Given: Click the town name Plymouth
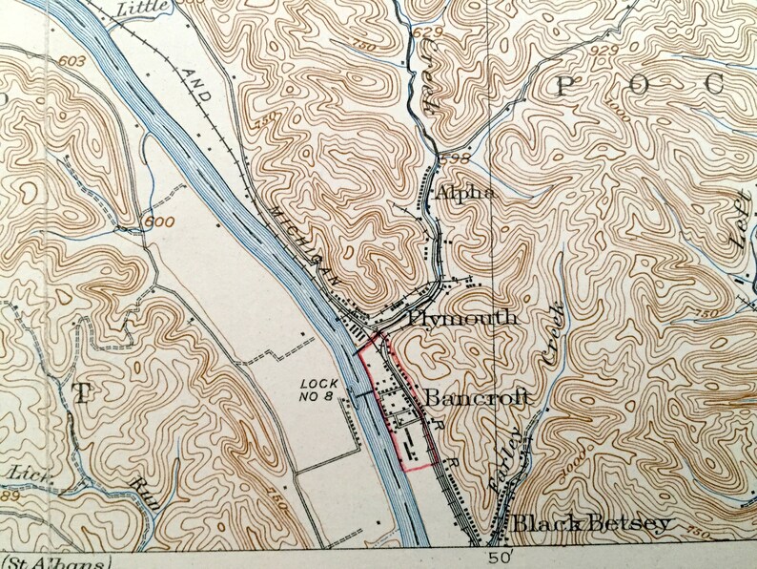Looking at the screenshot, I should [x=462, y=318].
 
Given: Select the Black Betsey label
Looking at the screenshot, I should [x=591, y=523].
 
